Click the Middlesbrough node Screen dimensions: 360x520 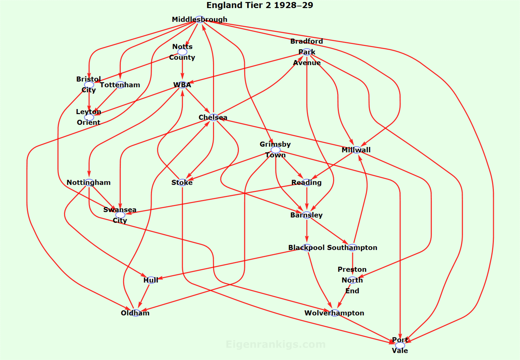[200, 19]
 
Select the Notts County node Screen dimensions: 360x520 [182, 52]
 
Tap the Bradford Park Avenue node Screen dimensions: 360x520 [307, 52]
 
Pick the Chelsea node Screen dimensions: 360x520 [213, 117]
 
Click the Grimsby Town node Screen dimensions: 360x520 [276, 150]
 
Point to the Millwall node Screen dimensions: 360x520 [356, 150]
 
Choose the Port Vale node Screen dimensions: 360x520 [400, 345]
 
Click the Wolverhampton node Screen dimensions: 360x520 [334, 313]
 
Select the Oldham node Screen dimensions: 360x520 [135, 313]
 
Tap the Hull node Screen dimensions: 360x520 [151, 280]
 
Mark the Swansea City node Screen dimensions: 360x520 [120, 215]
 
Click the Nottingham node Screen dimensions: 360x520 [89, 182]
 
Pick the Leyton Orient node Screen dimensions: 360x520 [89, 117]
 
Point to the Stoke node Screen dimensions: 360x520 [182, 182]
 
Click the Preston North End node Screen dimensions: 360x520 [352, 280]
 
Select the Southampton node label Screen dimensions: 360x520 [352, 248]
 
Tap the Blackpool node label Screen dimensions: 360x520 [306, 248]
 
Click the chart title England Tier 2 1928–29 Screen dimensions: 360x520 [260, 5]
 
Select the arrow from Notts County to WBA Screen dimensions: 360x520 [182, 68]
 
